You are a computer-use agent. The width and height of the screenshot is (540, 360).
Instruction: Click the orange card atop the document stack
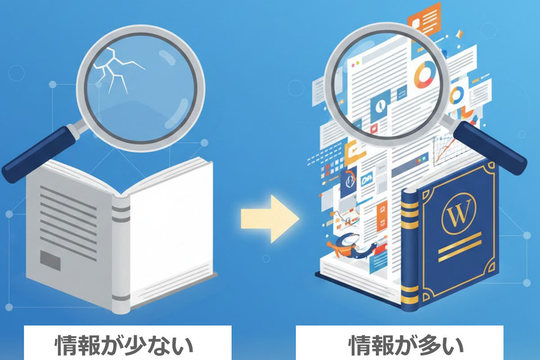(x=426, y=17)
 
